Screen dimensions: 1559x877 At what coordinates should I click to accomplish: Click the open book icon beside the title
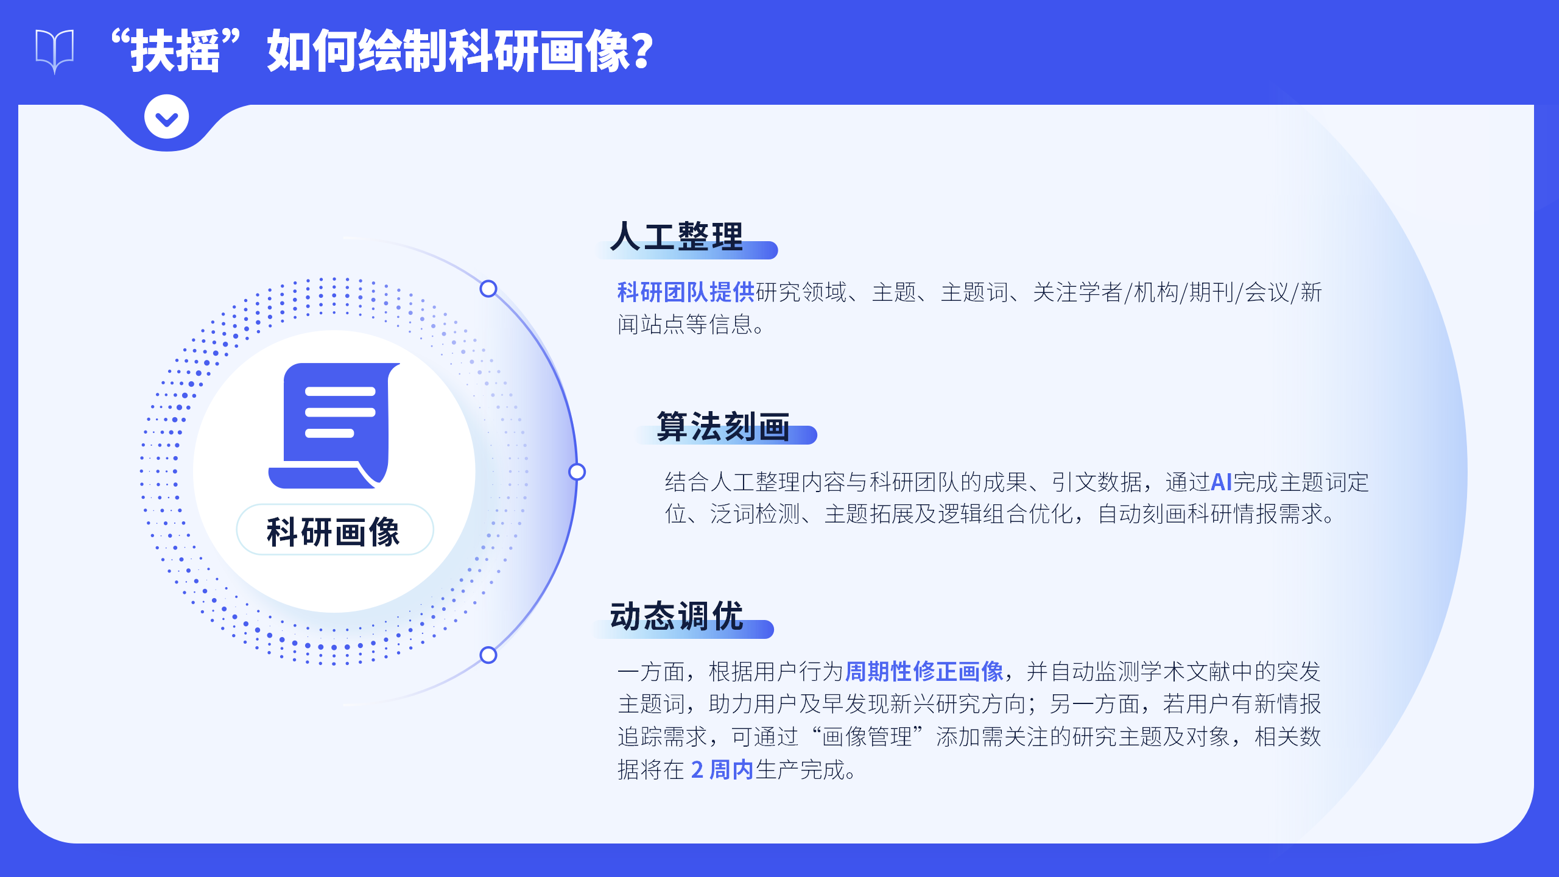coord(55,51)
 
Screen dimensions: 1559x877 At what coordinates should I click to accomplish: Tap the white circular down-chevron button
coord(166,116)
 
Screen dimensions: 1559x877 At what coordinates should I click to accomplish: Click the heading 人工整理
coord(677,236)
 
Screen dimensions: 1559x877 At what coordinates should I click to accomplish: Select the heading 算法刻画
coord(723,426)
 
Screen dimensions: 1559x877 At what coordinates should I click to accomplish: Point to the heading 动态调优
coord(677,616)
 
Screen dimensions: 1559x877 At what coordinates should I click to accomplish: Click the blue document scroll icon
coord(334,426)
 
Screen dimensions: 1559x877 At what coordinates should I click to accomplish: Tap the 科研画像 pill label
coord(334,530)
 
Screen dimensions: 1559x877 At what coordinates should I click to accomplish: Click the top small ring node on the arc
coord(488,289)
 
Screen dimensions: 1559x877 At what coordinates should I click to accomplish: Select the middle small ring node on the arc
coord(577,472)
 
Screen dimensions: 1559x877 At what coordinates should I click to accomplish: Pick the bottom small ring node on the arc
coord(488,655)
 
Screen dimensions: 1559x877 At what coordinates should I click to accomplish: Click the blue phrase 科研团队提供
coord(686,292)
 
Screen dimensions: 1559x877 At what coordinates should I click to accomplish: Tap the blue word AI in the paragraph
coord(1222,482)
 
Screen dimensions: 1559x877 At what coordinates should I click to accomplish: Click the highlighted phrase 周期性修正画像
coord(924,672)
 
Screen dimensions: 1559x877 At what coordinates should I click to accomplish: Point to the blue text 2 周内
coord(722,770)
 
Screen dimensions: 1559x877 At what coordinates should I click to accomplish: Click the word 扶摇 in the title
coord(175,51)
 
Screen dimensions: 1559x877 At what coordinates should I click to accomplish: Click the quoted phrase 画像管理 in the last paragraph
coord(867,737)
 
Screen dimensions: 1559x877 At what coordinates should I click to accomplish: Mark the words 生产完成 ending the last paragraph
coord(801,770)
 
